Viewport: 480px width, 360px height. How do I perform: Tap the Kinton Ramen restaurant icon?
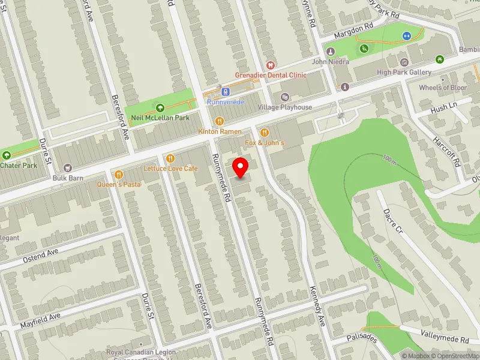[x=220, y=121]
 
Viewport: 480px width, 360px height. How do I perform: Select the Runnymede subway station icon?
[x=225, y=92]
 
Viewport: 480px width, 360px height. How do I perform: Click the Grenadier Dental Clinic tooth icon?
[x=270, y=65]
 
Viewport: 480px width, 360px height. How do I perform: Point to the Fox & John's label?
[x=265, y=142]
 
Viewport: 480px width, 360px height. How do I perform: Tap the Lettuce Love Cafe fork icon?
[x=171, y=158]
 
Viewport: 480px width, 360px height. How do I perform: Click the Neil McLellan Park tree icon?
[x=160, y=107]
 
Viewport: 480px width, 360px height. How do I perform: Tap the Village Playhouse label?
[x=285, y=107]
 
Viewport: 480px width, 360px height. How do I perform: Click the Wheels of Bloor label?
[x=443, y=88]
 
